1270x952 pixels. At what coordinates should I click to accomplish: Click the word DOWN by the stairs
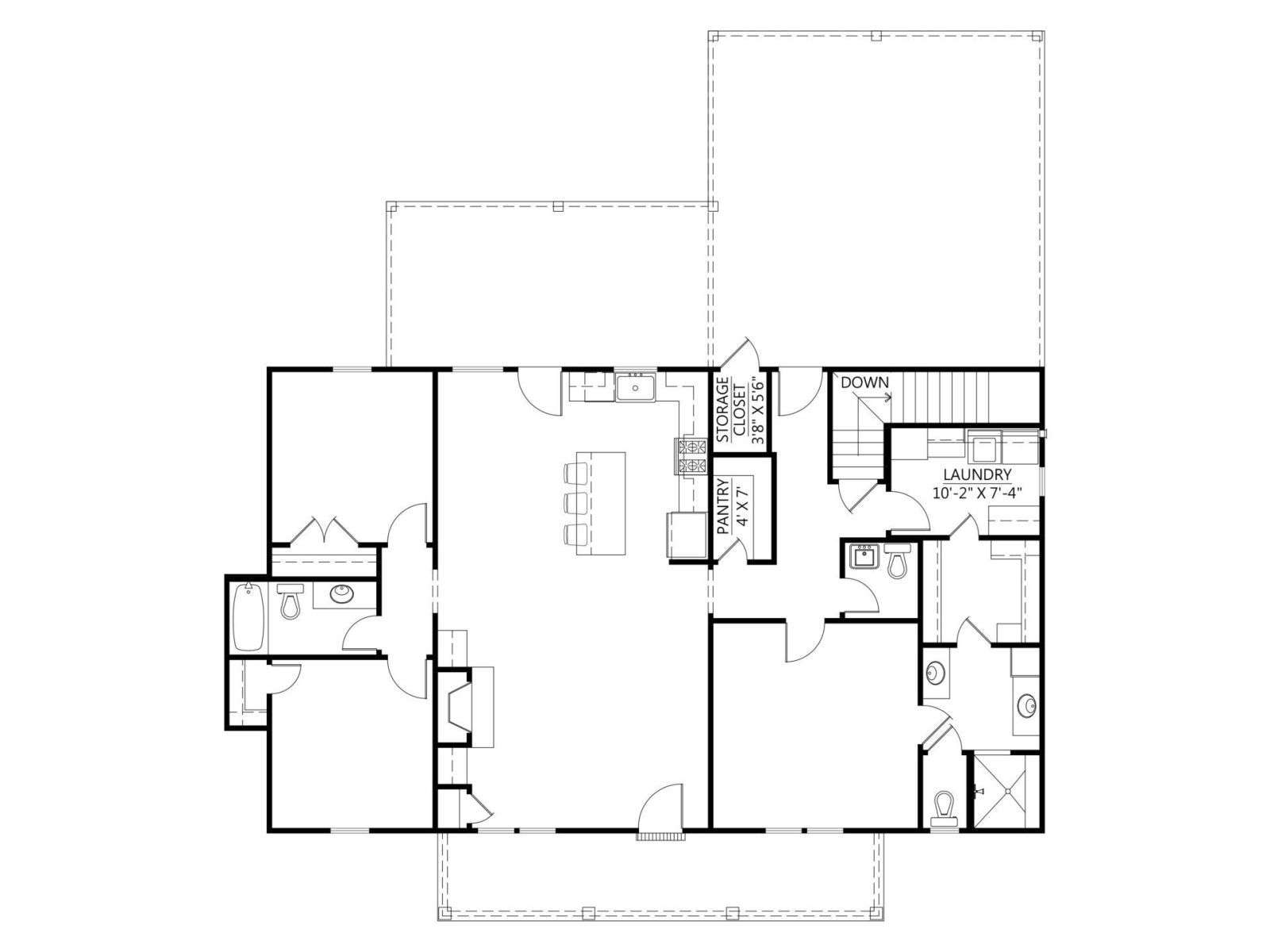(x=864, y=382)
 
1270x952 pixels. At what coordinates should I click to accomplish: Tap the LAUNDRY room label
(x=977, y=474)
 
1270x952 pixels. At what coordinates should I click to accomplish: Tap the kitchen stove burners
(x=691, y=457)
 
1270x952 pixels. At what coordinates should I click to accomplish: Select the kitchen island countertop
(x=607, y=503)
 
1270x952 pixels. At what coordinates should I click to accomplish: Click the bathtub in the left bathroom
(x=248, y=616)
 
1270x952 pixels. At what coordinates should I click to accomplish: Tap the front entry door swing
(x=660, y=808)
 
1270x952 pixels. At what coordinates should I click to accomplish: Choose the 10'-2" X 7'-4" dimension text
(x=977, y=493)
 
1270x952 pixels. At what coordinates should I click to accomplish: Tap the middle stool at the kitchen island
(x=575, y=501)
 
